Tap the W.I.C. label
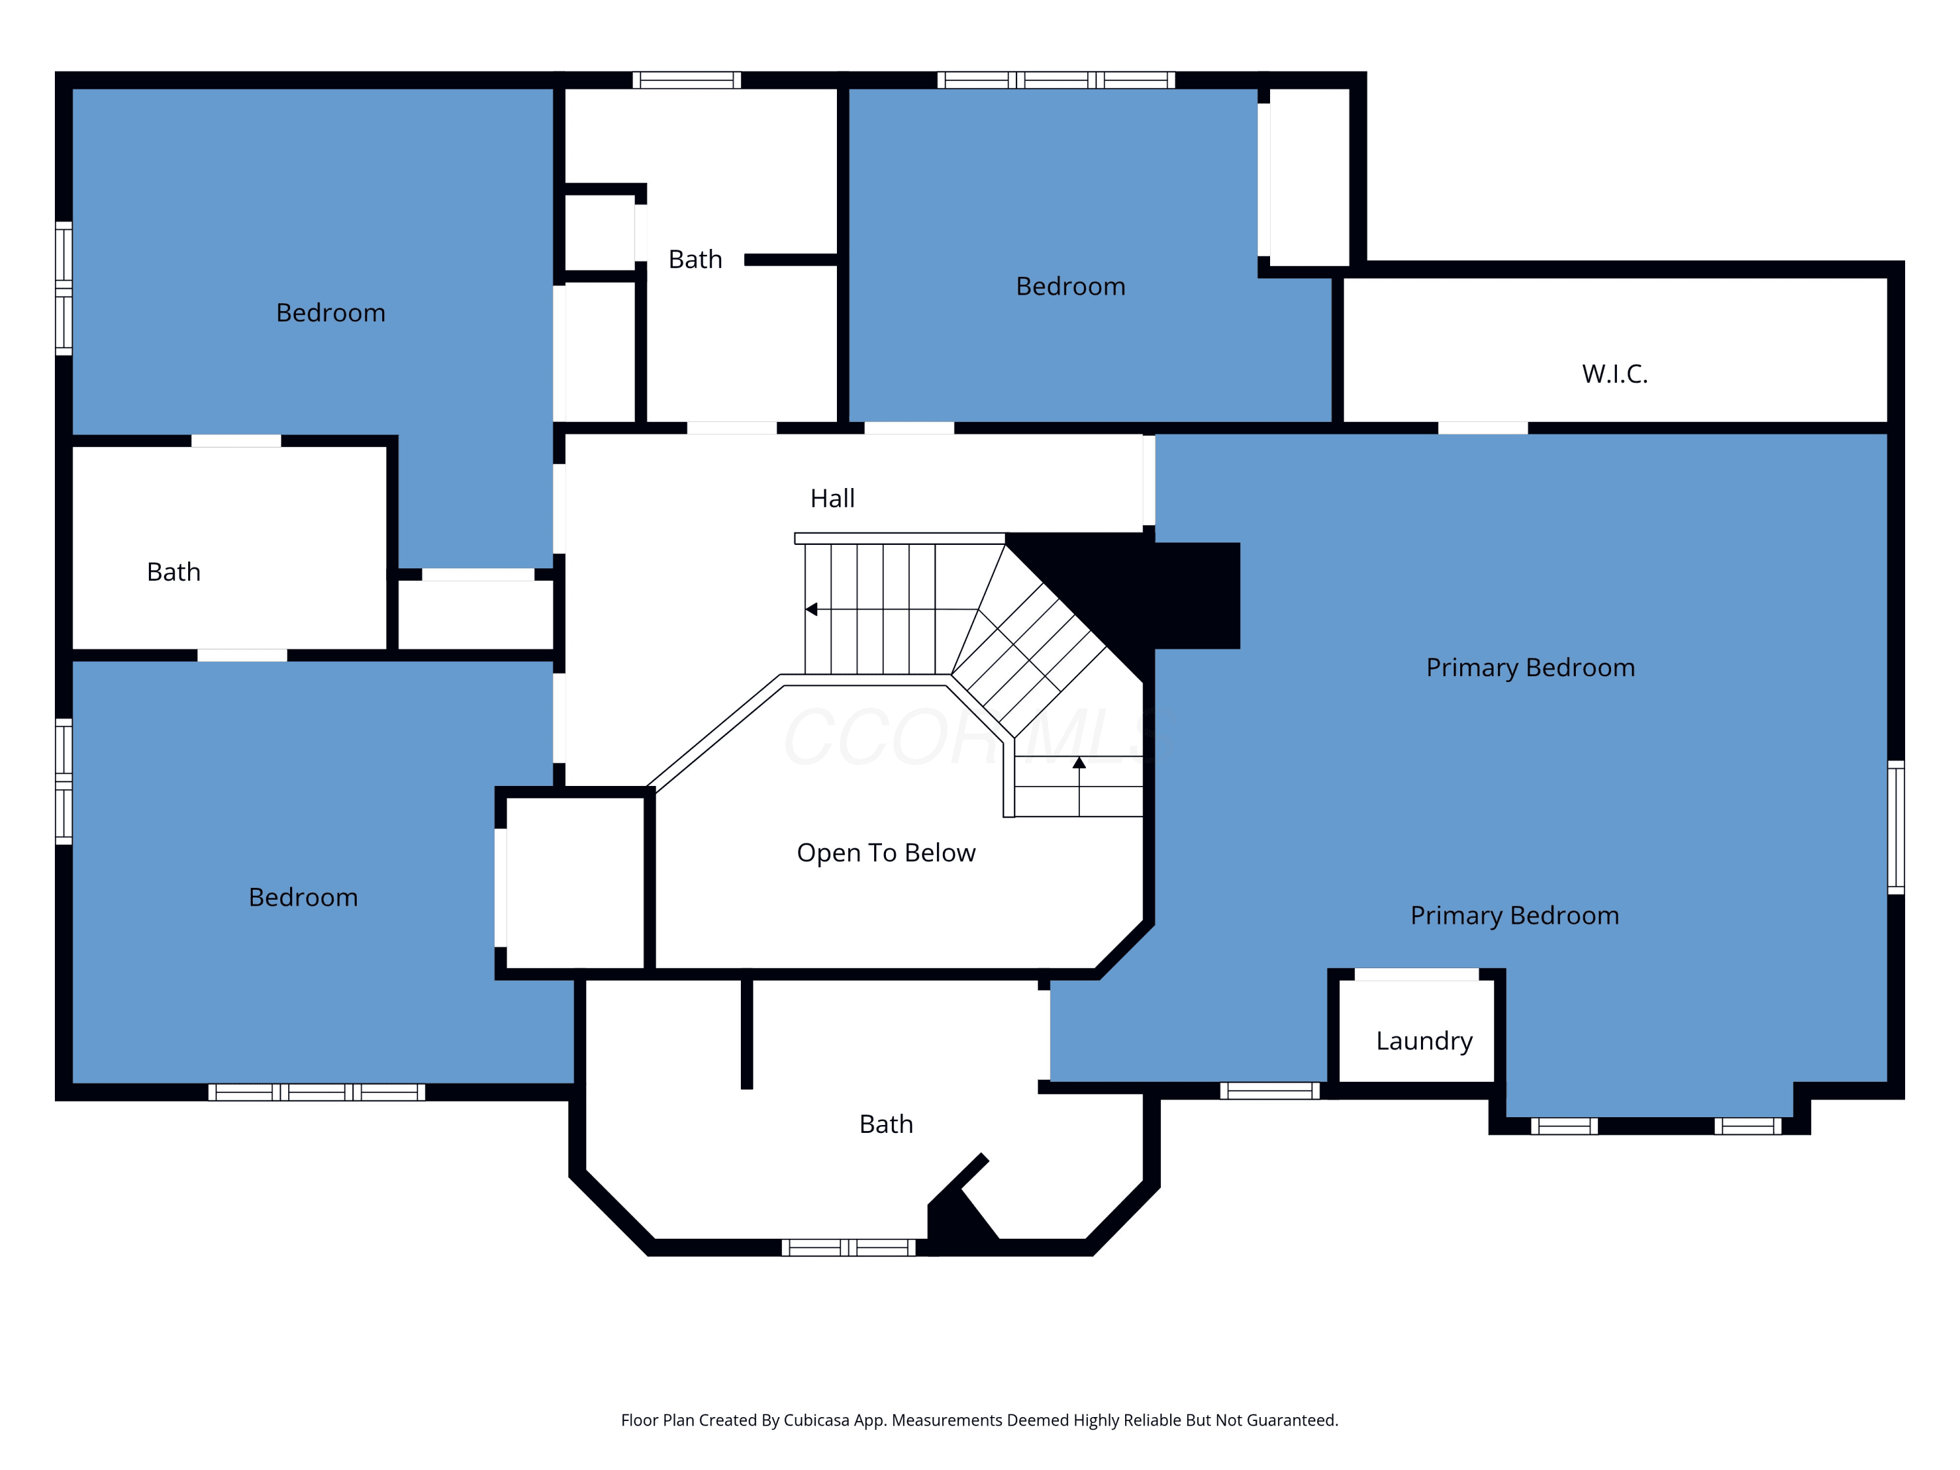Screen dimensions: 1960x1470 (1614, 374)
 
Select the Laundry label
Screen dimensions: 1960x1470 (1424, 1041)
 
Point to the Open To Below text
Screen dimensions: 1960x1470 (886, 853)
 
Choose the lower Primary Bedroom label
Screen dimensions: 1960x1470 (1514, 915)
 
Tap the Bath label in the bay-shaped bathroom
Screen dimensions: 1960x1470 (886, 1124)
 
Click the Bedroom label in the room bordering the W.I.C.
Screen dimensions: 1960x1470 (1070, 286)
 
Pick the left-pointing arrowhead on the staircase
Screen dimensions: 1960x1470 (811, 610)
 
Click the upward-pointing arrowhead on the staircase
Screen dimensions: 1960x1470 (1079, 762)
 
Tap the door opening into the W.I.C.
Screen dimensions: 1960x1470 (1482, 428)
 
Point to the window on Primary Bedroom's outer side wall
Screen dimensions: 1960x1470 (1895, 826)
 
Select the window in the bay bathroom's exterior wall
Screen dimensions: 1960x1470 (848, 1248)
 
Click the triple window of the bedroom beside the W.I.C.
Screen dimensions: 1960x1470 (1056, 80)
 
